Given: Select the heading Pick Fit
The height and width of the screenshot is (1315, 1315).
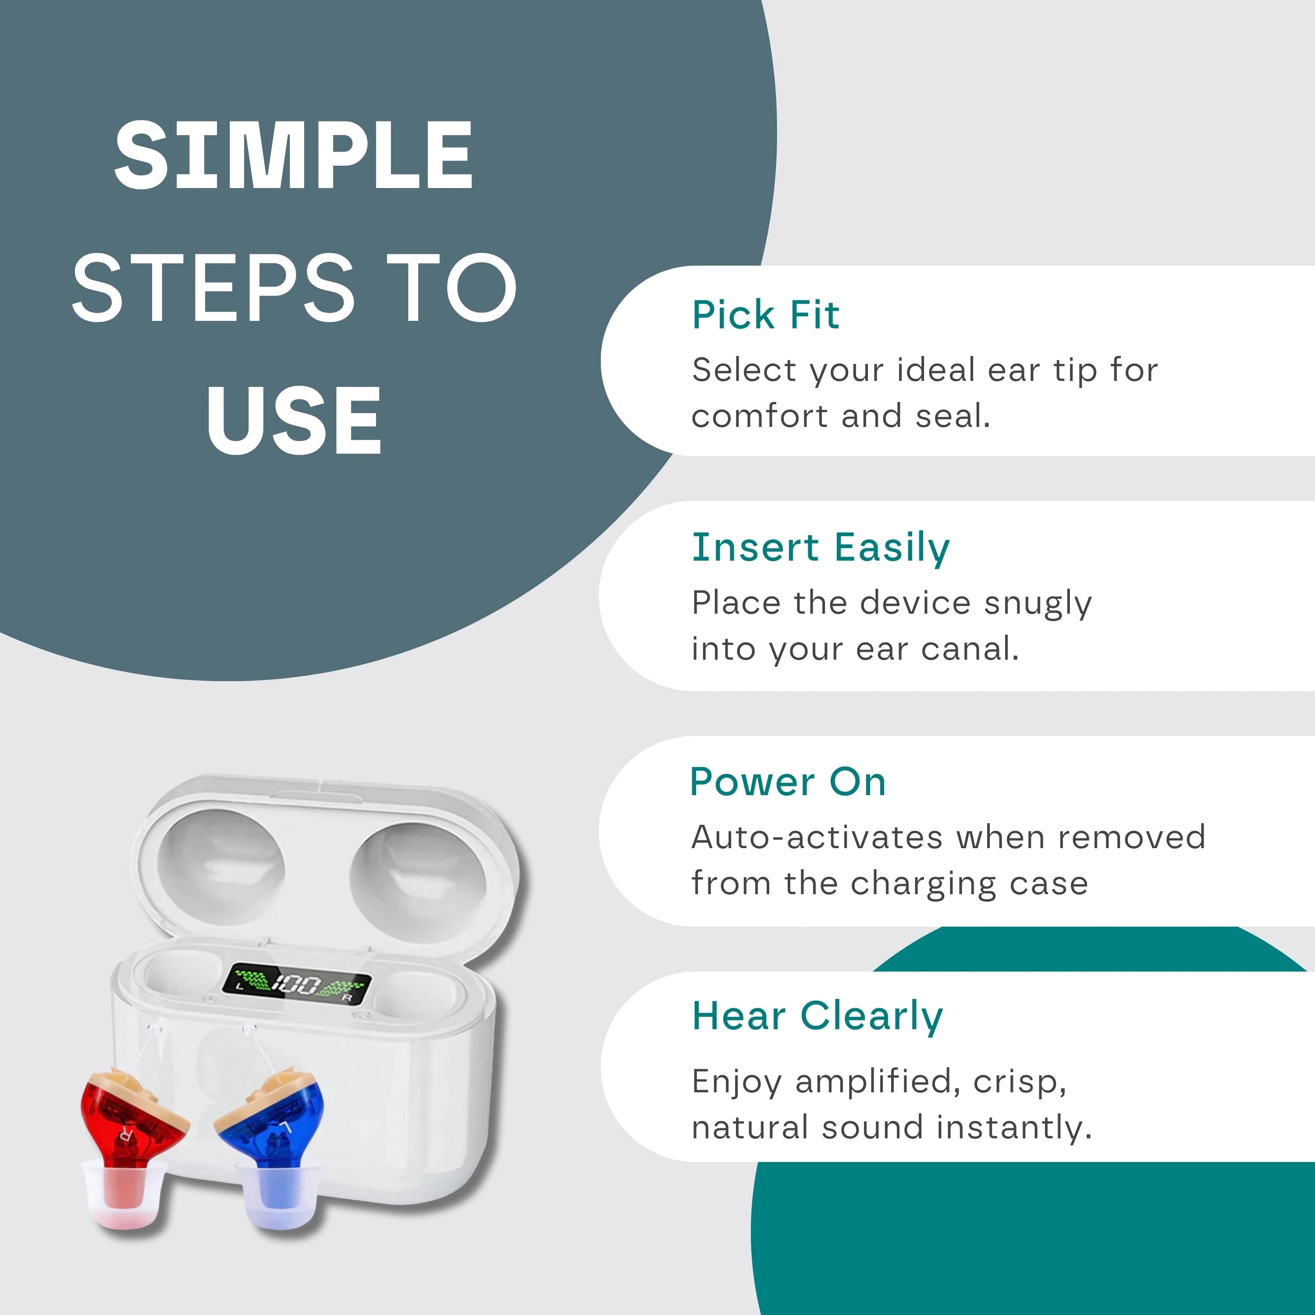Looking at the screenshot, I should tap(766, 315).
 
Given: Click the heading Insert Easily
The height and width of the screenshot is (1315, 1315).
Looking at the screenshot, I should tap(820, 548).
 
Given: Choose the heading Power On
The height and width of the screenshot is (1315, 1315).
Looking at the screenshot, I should tap(788, 782).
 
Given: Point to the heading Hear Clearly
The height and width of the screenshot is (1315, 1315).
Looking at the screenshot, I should tap(817, 1016).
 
